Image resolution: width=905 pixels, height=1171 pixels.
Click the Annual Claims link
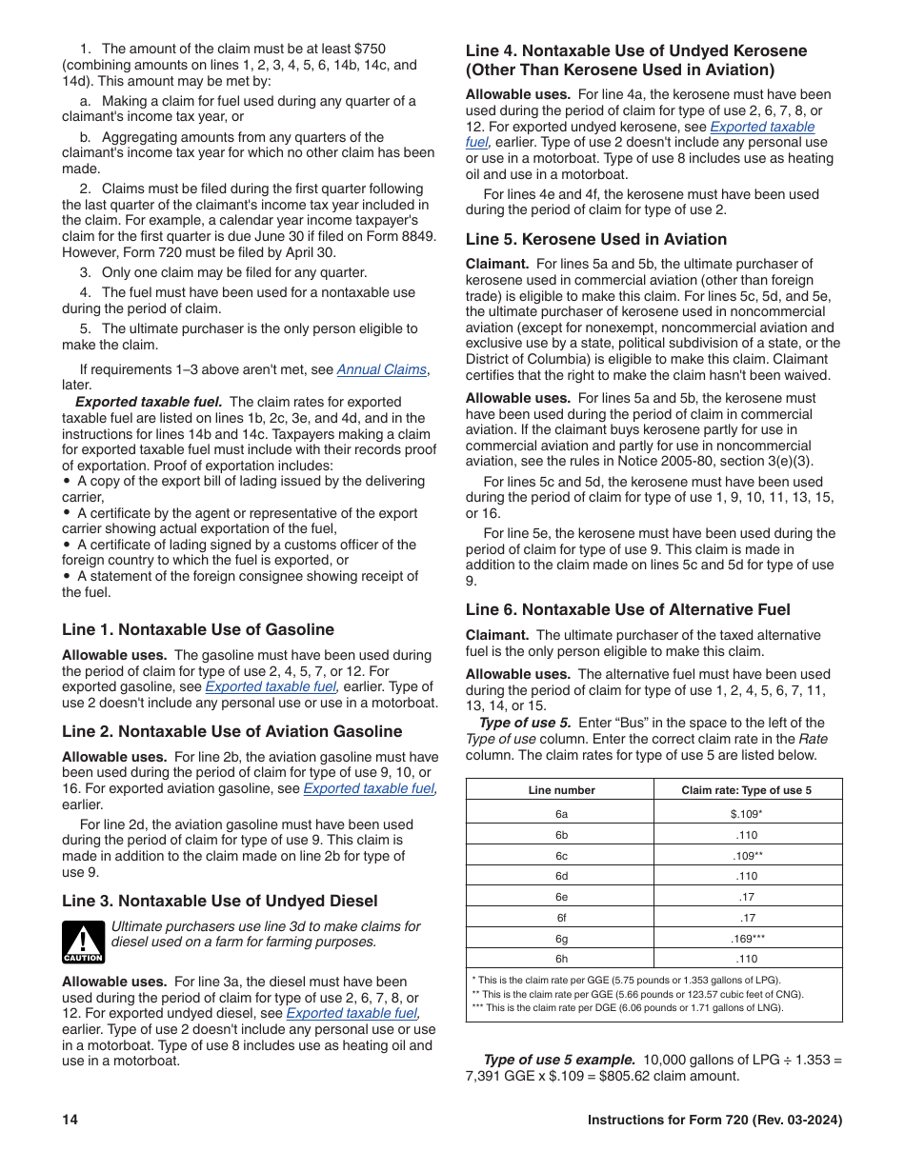tap(381, 369)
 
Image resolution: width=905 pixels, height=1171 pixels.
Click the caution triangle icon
tap(83, 942)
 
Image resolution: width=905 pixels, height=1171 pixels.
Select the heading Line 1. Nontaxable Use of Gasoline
tap(198, 629)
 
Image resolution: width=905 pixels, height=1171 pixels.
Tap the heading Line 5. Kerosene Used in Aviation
tap(596, 239)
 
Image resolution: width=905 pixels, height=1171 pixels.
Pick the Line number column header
tap(561, 789)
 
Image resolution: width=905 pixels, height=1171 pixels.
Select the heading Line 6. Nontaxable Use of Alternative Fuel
tap(628, 609)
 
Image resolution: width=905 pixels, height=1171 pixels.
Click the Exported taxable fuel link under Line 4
tap(762, 126)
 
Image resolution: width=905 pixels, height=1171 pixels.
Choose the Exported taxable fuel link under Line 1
tap(271, 686)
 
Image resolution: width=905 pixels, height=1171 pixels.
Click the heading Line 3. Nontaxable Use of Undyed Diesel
tap(220, 901)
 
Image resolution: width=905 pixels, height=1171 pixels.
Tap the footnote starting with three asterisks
tap(628, 1007)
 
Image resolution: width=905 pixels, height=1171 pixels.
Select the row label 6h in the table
tap(561, 959)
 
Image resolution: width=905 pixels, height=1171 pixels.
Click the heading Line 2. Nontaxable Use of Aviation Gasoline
tap(232, 731)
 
